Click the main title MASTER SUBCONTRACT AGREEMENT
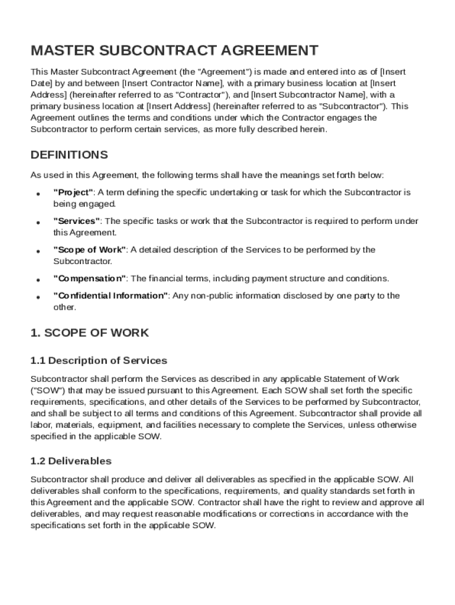(x=174, y=50)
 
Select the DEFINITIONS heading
(x=69, y=155)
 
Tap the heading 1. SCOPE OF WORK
(x=89, y=333)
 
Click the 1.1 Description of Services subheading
(x=99, y=360)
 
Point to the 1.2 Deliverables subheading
(x=71, y=461)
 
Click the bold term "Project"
(x=73, y=193)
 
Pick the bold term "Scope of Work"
(x=90, y=250)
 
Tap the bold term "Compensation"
(x=89, y=278)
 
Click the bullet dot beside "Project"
(x=38, y=194)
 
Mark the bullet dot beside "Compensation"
(x=38, y=279)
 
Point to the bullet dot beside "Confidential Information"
(x=38, y=297)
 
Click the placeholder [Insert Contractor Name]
(x=172, y=83)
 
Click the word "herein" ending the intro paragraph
(x=313, y=129)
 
